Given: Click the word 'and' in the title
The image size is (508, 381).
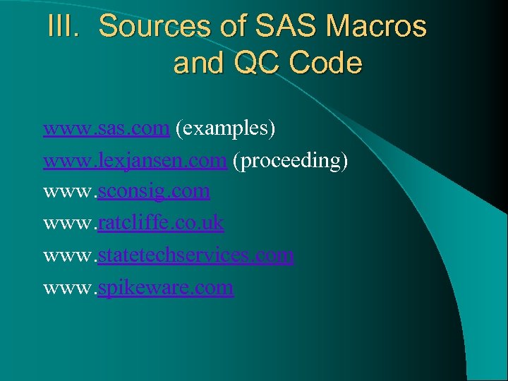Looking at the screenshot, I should tap(197, 64).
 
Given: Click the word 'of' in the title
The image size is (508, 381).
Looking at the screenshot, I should tap(225, 27).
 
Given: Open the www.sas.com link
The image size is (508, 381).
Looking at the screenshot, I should tap(106, 128).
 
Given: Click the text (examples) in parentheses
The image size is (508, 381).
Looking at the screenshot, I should tap(225, 128).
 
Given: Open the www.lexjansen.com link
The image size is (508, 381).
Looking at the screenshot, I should tap(134, 160).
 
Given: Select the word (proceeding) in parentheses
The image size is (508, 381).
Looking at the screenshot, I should tap(291, 161).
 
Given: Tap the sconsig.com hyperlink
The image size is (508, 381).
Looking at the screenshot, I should tap(154, 192).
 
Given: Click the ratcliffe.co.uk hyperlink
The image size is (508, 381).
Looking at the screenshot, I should tap(161, 224).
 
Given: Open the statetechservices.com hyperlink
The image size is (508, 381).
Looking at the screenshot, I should tap(195, 255).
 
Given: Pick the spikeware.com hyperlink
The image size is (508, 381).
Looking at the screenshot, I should tap(165, 288).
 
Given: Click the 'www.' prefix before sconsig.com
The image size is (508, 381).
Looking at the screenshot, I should tap(70, 192).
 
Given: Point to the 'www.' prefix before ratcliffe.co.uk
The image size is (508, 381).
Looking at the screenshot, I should tap(70, 224).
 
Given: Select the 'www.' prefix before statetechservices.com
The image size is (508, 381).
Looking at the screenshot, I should tap(70, 255).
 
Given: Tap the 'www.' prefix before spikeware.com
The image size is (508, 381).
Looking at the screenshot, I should tap(70, 288).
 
